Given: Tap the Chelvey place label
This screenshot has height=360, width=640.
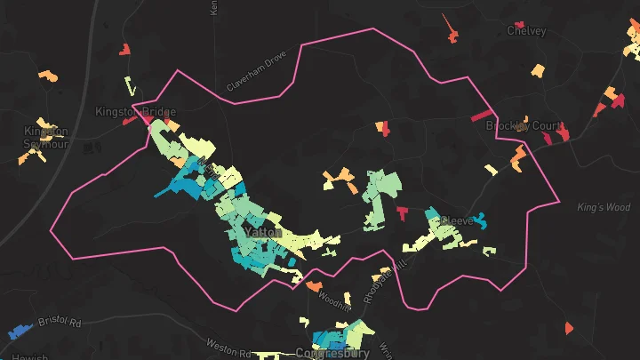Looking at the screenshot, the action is tap(525, 30).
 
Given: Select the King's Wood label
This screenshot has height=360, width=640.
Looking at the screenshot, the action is tap(604, 207).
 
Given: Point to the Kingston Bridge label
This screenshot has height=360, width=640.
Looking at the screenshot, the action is tap(136, 112).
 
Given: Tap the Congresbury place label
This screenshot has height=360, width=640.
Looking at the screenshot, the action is tap(332, 353).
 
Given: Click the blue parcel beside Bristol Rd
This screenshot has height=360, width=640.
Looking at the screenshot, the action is tap(17, 331).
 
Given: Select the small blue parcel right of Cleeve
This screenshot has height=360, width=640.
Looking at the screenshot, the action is tap(480, 220).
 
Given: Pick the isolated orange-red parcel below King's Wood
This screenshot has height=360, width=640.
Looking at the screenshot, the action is tap(569, 328).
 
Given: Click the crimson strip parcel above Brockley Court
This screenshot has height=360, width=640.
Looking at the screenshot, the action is tap(479, 116).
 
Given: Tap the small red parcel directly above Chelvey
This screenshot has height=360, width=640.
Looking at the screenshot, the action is tap(452, 36).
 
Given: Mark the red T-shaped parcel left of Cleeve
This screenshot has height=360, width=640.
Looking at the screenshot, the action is tap(401, 212).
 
